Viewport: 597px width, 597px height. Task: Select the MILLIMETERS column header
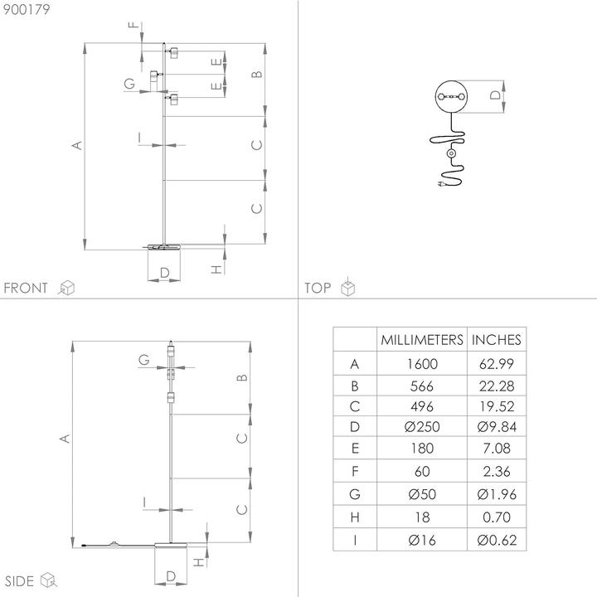tap(421, 339)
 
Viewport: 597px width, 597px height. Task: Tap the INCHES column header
tap(496, 339)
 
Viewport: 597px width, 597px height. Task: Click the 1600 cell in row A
tap(421, 363)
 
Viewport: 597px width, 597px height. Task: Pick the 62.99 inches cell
tap(496, 363)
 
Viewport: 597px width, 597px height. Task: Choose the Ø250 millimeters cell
tap(421, 427)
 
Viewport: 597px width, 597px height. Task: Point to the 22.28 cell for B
tap(496, 385)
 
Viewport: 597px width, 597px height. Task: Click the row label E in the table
tap(355, 449)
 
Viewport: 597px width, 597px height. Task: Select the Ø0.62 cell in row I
tap(496, 541)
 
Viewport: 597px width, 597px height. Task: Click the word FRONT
tap(26, 288)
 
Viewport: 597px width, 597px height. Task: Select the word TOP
tap(318, 288)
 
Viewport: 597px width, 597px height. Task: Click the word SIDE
tap(20, 580)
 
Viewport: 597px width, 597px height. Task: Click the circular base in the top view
tap(452, 96)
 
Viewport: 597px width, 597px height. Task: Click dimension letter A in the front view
tap(77, 145)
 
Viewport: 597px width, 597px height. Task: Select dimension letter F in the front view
tap(132, 27)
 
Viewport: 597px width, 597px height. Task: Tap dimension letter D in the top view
tap(494, 96)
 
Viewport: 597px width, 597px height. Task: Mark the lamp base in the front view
tap(164, 245)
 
